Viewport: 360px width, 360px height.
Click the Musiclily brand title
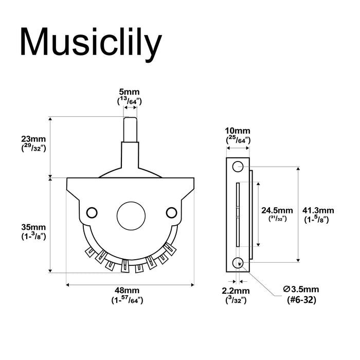click(91, 43)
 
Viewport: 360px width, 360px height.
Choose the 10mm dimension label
click(238, 131)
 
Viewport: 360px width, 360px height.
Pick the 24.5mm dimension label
click(277, 210)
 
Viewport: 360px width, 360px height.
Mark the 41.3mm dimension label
click(318, 210)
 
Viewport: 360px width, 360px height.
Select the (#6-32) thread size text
click(301, 300)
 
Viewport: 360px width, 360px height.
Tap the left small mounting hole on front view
click(93, 211)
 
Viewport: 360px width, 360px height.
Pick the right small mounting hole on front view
click(171, 211)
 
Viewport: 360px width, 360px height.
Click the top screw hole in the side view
click(237, 167)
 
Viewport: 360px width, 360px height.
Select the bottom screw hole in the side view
click(238, 262)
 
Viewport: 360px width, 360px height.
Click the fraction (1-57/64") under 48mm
click(128, 300)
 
